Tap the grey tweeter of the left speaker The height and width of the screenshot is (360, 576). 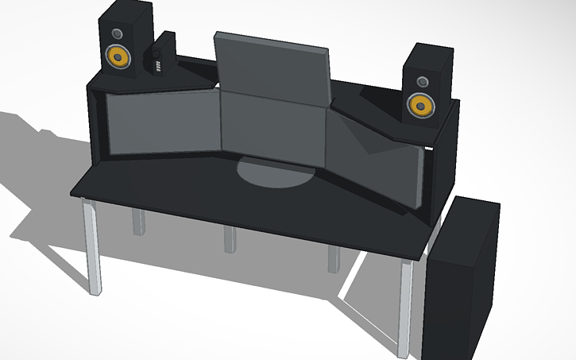118,33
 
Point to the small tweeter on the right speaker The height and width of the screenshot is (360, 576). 419,81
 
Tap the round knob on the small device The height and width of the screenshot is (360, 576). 157,54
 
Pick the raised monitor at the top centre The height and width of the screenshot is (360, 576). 272,68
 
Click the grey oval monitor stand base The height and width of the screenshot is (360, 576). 275,172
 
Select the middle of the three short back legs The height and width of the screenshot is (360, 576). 230,238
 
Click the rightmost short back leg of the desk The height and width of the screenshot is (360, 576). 334,258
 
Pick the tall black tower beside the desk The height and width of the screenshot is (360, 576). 461,278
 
